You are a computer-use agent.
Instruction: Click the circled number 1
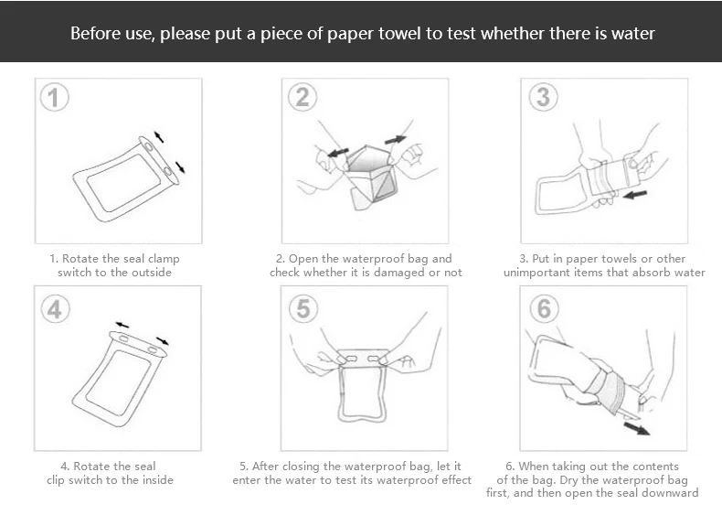54,97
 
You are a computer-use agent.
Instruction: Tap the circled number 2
303,97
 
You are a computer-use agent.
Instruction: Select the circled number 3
544,97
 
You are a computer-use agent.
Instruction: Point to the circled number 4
55,308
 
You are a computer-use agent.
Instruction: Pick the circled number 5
303,308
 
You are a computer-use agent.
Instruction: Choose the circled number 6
544,308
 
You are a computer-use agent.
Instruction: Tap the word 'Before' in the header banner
91,34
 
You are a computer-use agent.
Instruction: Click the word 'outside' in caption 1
152,273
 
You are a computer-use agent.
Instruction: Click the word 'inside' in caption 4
158,480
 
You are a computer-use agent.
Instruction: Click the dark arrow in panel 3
635,195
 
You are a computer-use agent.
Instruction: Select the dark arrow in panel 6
637,428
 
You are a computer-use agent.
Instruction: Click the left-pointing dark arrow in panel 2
338,152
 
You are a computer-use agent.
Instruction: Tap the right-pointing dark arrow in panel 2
396,139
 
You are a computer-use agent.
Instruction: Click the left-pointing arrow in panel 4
122,325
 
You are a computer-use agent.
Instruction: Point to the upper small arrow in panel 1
159,137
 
